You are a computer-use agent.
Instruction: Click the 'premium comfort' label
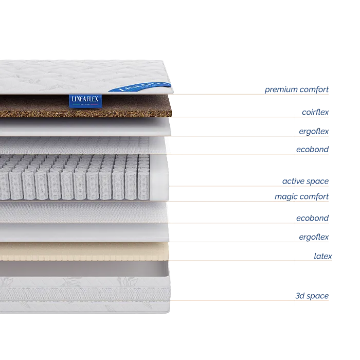click(296, 90)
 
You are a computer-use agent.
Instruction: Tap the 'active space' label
click(304, 181)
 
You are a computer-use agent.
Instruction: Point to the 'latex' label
click(323, 255)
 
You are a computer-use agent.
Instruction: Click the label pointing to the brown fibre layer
click(315, 111)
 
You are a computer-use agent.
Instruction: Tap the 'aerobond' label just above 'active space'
click(312, 149)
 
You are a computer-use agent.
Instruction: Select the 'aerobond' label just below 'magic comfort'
click(312, 218)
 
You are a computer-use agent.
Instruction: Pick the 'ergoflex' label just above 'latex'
click(313, 237)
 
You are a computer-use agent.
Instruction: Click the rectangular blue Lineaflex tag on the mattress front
click(85, 100)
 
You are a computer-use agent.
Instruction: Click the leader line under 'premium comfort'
click(247, 94)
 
